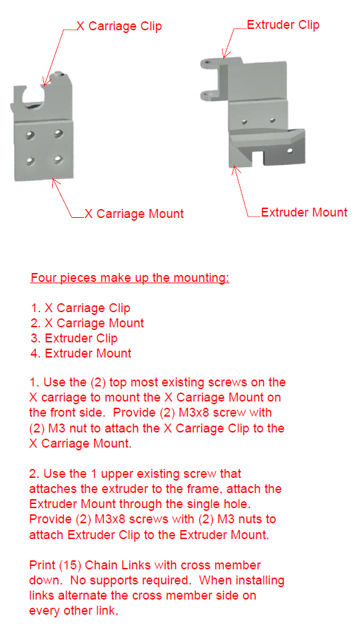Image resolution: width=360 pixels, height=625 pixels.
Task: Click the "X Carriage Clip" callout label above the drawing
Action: (119, 27)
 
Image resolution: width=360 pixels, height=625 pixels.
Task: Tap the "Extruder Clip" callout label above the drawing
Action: (282, 25)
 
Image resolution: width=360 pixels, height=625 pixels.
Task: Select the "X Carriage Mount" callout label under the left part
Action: (134, 214)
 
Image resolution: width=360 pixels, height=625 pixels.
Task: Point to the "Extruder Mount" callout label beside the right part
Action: (304, 212)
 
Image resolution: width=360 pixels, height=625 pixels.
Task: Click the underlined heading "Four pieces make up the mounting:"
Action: (130, 278)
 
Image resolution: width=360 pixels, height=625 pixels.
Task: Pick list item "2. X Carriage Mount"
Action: (87, 323)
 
